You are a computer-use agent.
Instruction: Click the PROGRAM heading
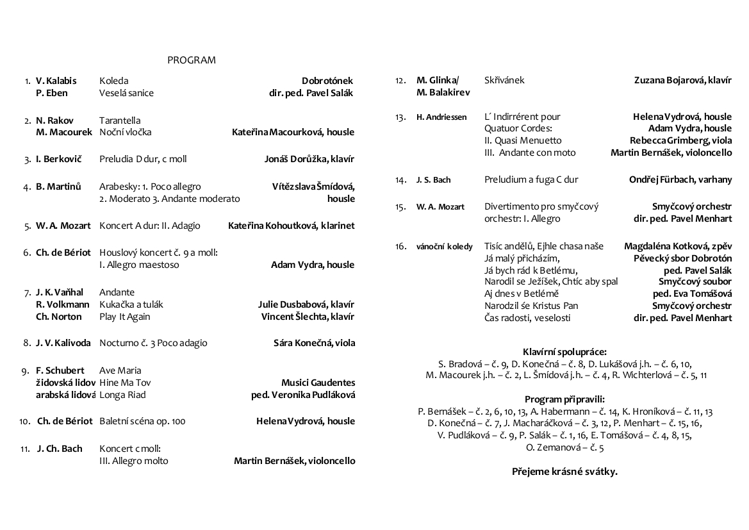point(192,60)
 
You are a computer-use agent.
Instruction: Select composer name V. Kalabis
point(56,81)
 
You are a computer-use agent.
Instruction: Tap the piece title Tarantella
point(120,120)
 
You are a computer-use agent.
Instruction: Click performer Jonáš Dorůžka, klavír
point(309,159)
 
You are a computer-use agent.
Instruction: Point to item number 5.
point(28,226)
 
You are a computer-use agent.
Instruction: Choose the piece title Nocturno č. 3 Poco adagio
point(153,343)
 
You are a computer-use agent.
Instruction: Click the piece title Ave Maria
point(120,370)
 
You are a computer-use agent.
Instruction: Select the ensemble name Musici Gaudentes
point(318,383)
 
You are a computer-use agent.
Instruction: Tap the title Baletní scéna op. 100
point(142,421)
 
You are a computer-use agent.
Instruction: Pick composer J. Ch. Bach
point(60,449)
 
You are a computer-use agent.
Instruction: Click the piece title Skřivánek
point(504,80)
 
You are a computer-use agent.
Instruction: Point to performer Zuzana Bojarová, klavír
point(682,80)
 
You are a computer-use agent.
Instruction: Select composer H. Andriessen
point(441,117)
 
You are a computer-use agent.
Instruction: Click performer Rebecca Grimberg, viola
point(680,140)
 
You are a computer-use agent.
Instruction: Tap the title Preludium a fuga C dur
point(531,179)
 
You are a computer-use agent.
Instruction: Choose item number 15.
point(400,207)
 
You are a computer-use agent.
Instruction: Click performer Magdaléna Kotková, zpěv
point(678,246)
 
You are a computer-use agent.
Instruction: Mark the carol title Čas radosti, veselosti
point(527,318)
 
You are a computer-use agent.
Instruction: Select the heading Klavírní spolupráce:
point(564,351)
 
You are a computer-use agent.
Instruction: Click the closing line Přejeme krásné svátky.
point(564,472)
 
